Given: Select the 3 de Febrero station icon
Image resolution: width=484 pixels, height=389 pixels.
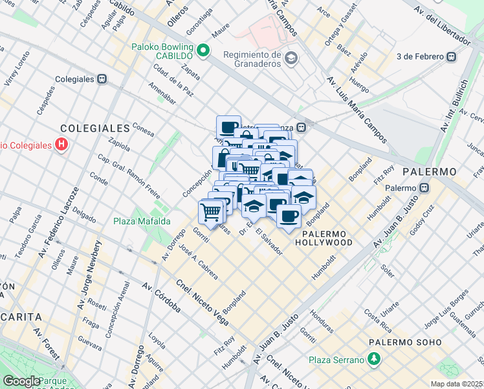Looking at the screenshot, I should (x=451, y=56).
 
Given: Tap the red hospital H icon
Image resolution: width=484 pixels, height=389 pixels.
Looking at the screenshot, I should (x=61, y=145).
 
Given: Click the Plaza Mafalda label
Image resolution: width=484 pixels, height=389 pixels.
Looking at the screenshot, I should (x=142, y=221).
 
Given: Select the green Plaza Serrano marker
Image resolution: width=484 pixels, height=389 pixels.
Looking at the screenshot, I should (x=373, y=359).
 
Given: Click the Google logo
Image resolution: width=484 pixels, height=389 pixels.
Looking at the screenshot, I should (x=22, y=381).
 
